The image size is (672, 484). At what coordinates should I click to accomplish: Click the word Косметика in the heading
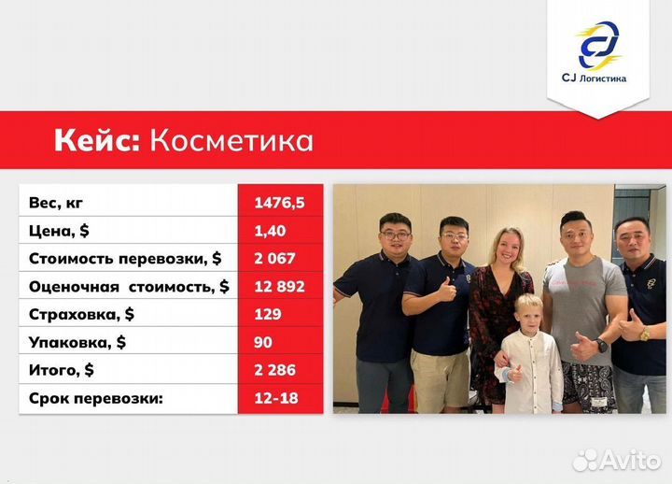point(231,140)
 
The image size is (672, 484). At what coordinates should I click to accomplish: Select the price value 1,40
point(269,229)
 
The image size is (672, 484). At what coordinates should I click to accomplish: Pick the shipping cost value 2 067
point(273,258)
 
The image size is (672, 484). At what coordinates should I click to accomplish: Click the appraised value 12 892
point(278,286)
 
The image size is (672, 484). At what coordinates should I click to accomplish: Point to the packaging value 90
point(262,342)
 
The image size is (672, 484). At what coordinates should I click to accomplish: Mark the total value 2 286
point(273,370)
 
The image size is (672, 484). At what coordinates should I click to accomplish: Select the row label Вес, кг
point(63,201)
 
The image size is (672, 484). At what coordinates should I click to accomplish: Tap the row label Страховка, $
point(81,314)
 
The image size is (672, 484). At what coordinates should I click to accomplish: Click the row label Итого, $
point(62,370)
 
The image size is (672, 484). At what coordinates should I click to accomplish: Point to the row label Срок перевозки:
point(95,398)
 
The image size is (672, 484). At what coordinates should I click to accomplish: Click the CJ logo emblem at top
point(598,44)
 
